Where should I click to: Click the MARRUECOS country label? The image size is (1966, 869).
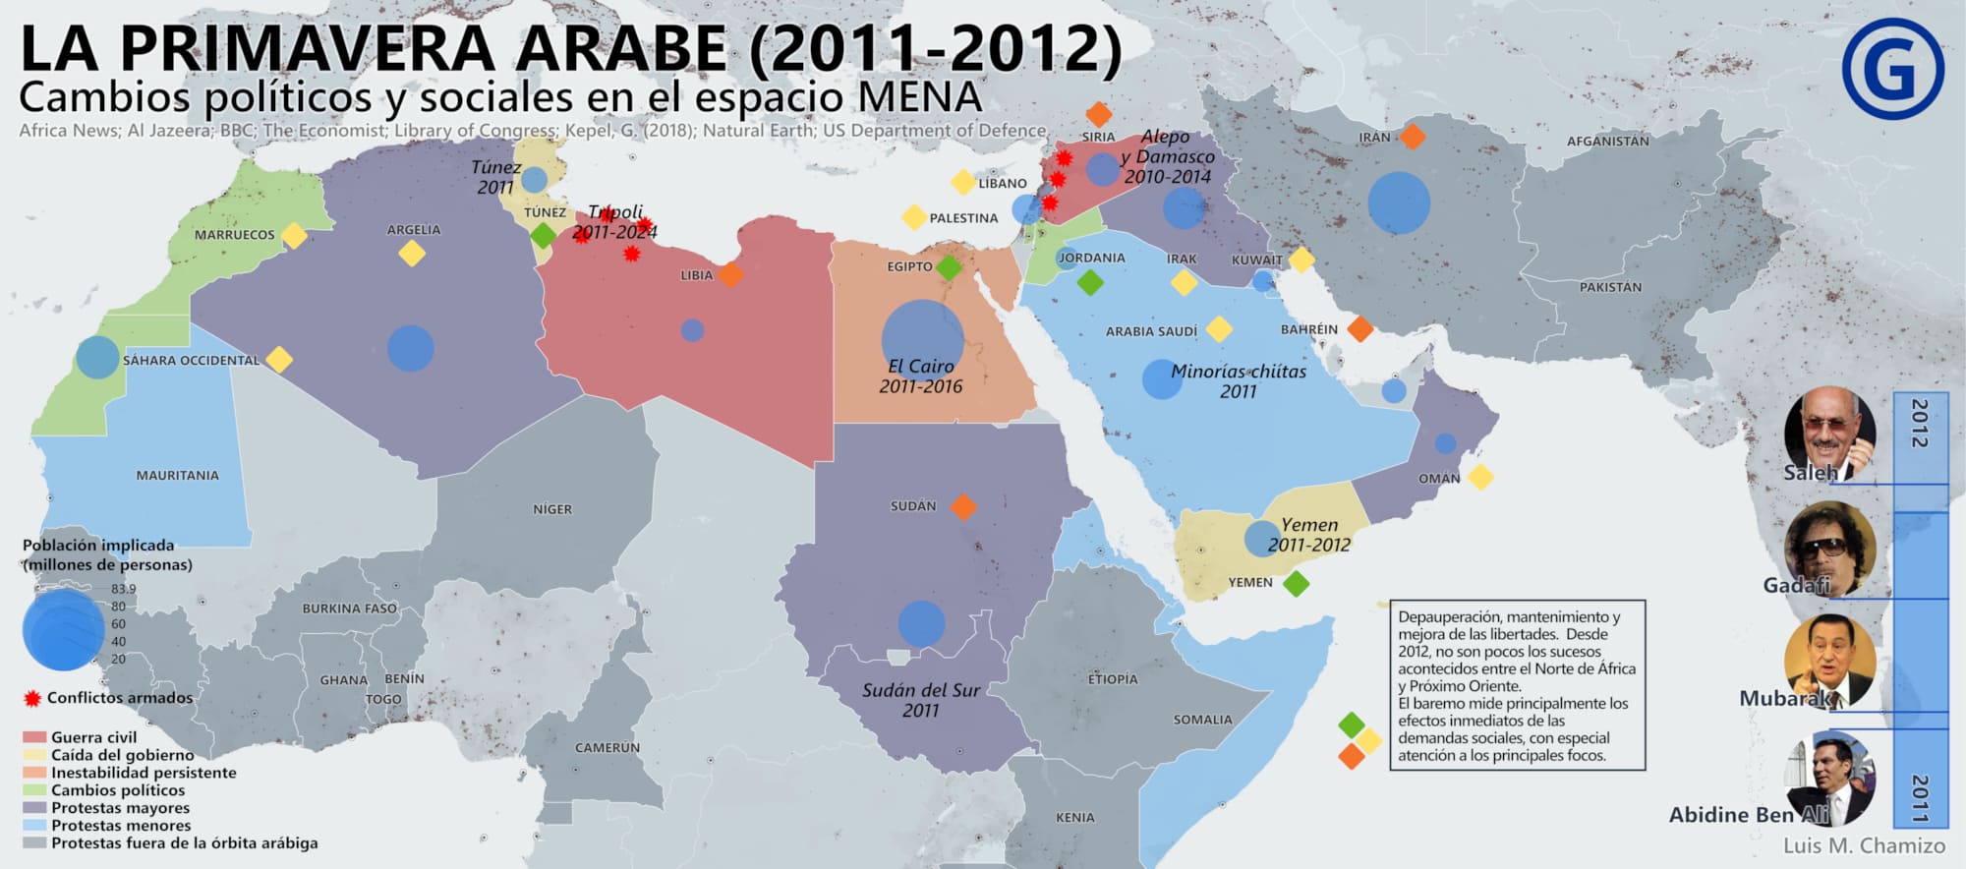234,235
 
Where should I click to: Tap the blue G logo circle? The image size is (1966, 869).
1892,69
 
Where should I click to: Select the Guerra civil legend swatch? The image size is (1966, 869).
34,737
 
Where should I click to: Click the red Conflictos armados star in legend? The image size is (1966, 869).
31,698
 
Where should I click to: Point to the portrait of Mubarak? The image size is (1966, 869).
1828,661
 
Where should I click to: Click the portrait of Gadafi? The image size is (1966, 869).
1829,548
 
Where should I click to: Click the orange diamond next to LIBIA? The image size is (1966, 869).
729,274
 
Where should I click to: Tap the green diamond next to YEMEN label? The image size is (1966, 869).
1297,583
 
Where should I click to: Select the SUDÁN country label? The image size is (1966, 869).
913,506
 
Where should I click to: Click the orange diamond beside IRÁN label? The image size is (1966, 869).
1412,136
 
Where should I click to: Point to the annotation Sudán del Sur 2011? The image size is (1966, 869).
921,700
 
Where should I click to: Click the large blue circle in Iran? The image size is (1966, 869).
1398,203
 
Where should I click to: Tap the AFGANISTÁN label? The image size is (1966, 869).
1607,142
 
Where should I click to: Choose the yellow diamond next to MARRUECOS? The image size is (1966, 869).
294,236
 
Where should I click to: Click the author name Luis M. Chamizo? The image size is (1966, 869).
1864,845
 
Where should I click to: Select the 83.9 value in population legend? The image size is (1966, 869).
124,589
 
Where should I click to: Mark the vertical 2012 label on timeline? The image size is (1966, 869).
1918,424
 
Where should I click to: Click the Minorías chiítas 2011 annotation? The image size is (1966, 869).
1238,381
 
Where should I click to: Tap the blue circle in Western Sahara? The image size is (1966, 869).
97,357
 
